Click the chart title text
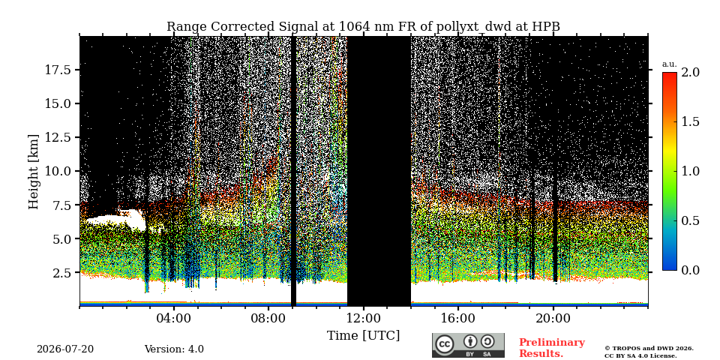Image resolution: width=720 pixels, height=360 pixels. [363, 27]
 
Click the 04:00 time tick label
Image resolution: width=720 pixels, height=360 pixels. [174, 318]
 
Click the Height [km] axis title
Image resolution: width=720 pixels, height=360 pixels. [34, 171]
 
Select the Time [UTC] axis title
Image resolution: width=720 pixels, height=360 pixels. [363, 336]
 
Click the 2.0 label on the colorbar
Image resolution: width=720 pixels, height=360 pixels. [691, 72]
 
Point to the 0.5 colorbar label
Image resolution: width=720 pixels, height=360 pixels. [691, 220]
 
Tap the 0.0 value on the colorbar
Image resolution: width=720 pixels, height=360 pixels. [691, 271]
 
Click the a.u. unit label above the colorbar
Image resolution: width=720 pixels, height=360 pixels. [670, 64]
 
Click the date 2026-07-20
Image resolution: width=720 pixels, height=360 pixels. [65, 349]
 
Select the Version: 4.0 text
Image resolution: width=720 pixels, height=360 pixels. [174, 349]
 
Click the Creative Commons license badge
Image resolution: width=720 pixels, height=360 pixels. [468, 345]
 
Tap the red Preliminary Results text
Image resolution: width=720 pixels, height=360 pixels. [552, 348]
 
